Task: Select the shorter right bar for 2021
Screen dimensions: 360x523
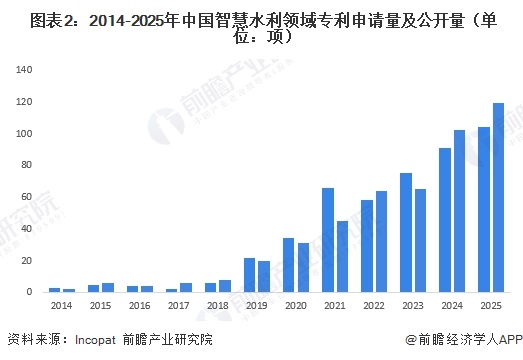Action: click(342, 256)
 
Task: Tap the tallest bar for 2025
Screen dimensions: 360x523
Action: click(498, 197)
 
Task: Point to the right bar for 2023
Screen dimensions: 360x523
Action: click(420, 240)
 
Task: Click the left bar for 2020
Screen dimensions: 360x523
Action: click(288, 265)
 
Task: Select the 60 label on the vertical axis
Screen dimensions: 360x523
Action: click(28, 197)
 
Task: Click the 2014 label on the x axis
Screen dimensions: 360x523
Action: click(61, 305)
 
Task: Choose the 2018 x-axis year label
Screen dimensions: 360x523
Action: click(217, 305)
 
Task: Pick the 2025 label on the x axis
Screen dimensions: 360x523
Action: click(491, 305)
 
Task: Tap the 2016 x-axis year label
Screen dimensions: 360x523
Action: click(139, 305)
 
